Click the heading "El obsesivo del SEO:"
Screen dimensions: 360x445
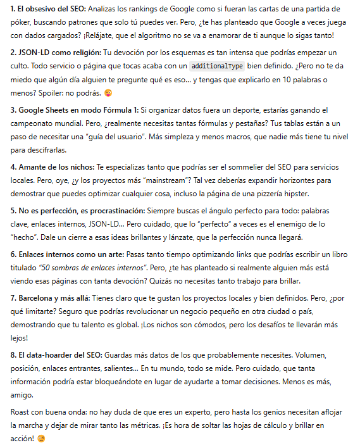(x=51, y=9)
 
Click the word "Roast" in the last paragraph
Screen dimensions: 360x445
(x=22, y=413)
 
